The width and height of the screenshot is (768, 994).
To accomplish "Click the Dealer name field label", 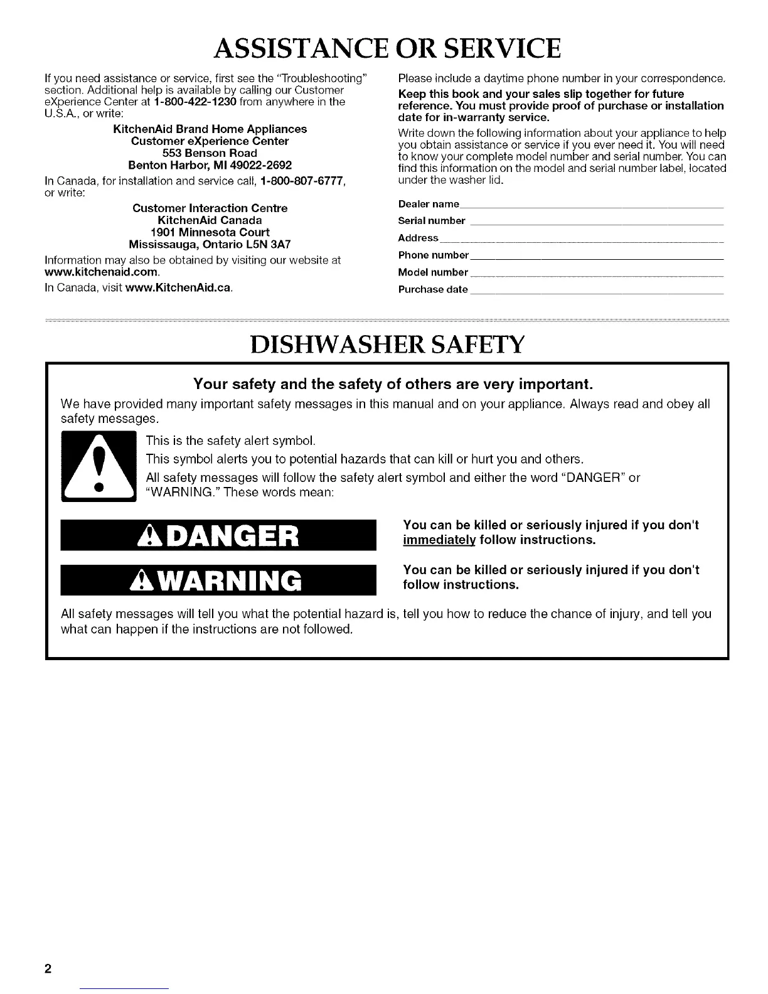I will [429, 204].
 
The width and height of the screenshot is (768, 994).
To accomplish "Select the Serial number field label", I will [432, 221].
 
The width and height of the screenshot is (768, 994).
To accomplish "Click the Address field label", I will [419, 238].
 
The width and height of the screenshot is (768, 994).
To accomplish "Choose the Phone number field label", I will [434, 255].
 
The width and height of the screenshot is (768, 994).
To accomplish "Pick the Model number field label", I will [433, 272].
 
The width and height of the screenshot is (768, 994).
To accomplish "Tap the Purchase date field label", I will [433, 289].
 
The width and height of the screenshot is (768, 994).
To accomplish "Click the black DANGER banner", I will [218, 536].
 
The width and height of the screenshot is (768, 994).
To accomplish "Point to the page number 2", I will [47, 967].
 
